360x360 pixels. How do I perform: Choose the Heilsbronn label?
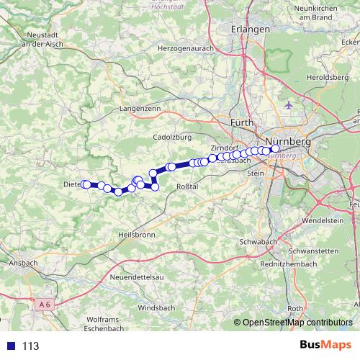coord(135,235)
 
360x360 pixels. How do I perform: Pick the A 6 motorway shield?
coord(45,305)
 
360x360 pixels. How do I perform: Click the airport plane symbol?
coord(290,105)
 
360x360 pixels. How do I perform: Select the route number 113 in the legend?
coord(30,346)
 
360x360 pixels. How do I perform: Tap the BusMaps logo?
coord(325,345)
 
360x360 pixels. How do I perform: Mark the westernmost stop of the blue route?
coord(86,184)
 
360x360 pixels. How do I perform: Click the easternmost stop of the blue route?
coord(275,149)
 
